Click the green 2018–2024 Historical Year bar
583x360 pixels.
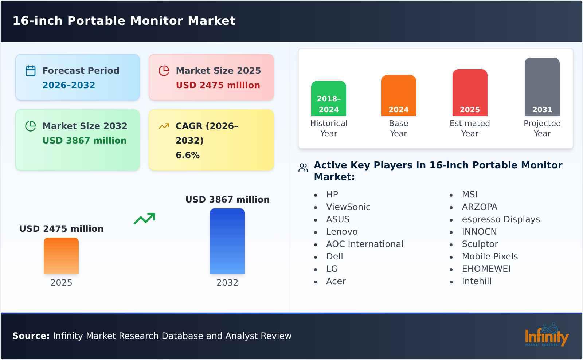point(328,98)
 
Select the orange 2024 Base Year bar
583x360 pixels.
point(398,95)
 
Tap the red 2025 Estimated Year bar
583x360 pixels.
point(470,92)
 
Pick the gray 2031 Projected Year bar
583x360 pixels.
point(542,86)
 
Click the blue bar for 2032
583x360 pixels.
point(227,241)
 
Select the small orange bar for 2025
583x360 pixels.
point(61,255)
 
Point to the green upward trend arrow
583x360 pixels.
point(144,219)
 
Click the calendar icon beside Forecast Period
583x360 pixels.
point(31,71)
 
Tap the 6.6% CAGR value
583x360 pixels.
point(187,155)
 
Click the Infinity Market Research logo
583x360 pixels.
point(546,335)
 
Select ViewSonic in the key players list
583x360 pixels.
point(348,207)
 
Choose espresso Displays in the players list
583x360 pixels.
point(501,219)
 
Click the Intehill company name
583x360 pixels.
point(476,281)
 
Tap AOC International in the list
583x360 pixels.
point(364,244)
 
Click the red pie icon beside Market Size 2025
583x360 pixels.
point(164,71)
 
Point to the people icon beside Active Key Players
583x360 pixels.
point(303,168)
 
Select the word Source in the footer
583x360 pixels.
point(31,336)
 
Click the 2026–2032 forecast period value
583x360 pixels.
point(69,85)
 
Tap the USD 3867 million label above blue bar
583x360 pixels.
point(227,200)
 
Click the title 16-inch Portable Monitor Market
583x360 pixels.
point(124,21)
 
